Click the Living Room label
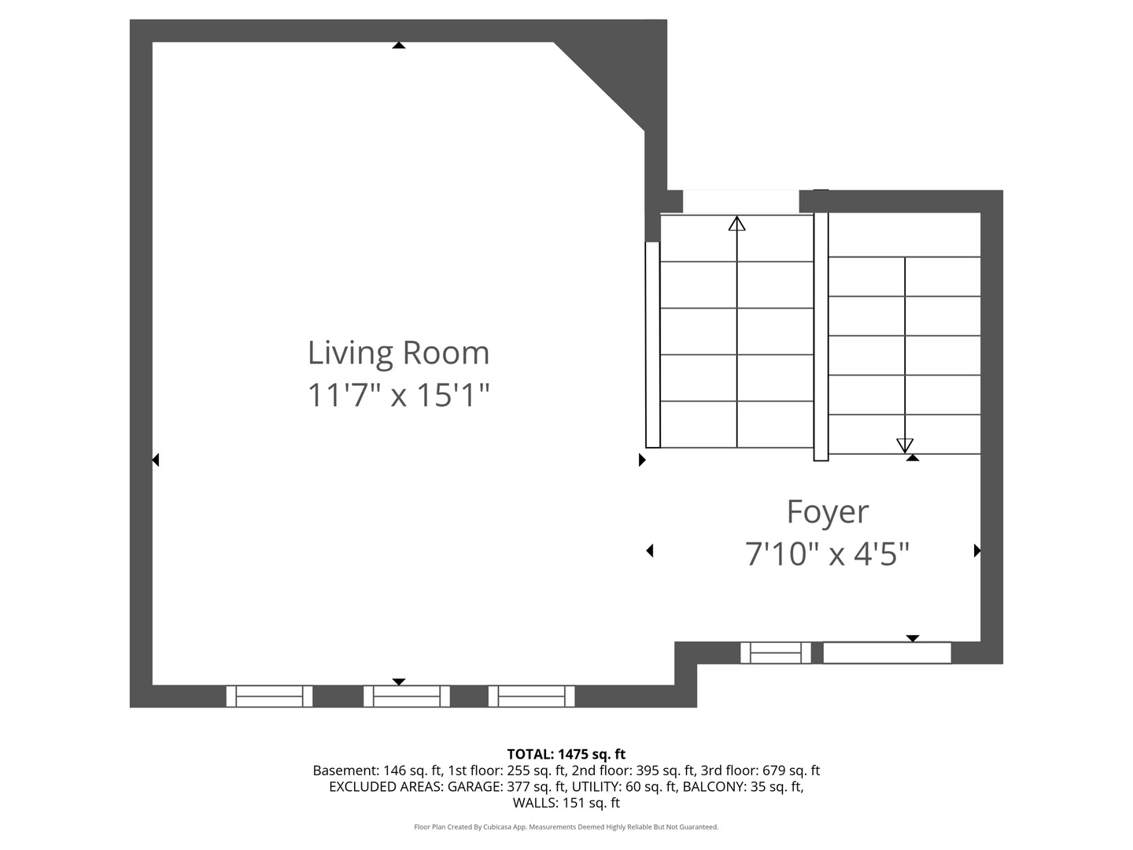click(x=398, y=353)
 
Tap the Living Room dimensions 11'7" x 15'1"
click(x=398, y=394)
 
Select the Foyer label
click(x=827, y=512)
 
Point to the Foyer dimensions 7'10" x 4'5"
click(x=827, y=554)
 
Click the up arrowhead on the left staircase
click(x=736, y=224)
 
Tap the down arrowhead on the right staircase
click(x=905, y=445)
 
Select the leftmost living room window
click(x=269, y=697)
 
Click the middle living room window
click(x=406, y=697)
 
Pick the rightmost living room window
click(x=531, y=697)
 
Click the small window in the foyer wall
click(x=775, y=653)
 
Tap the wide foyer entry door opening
click(x=887, y=653)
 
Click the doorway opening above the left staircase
click(x=740, y=201)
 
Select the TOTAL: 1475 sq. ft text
click(x=566, y=754)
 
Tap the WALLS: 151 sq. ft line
click(x=566, y=803)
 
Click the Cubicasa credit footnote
click(x=566, y=827)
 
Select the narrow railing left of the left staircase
click(x=652, y=345)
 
